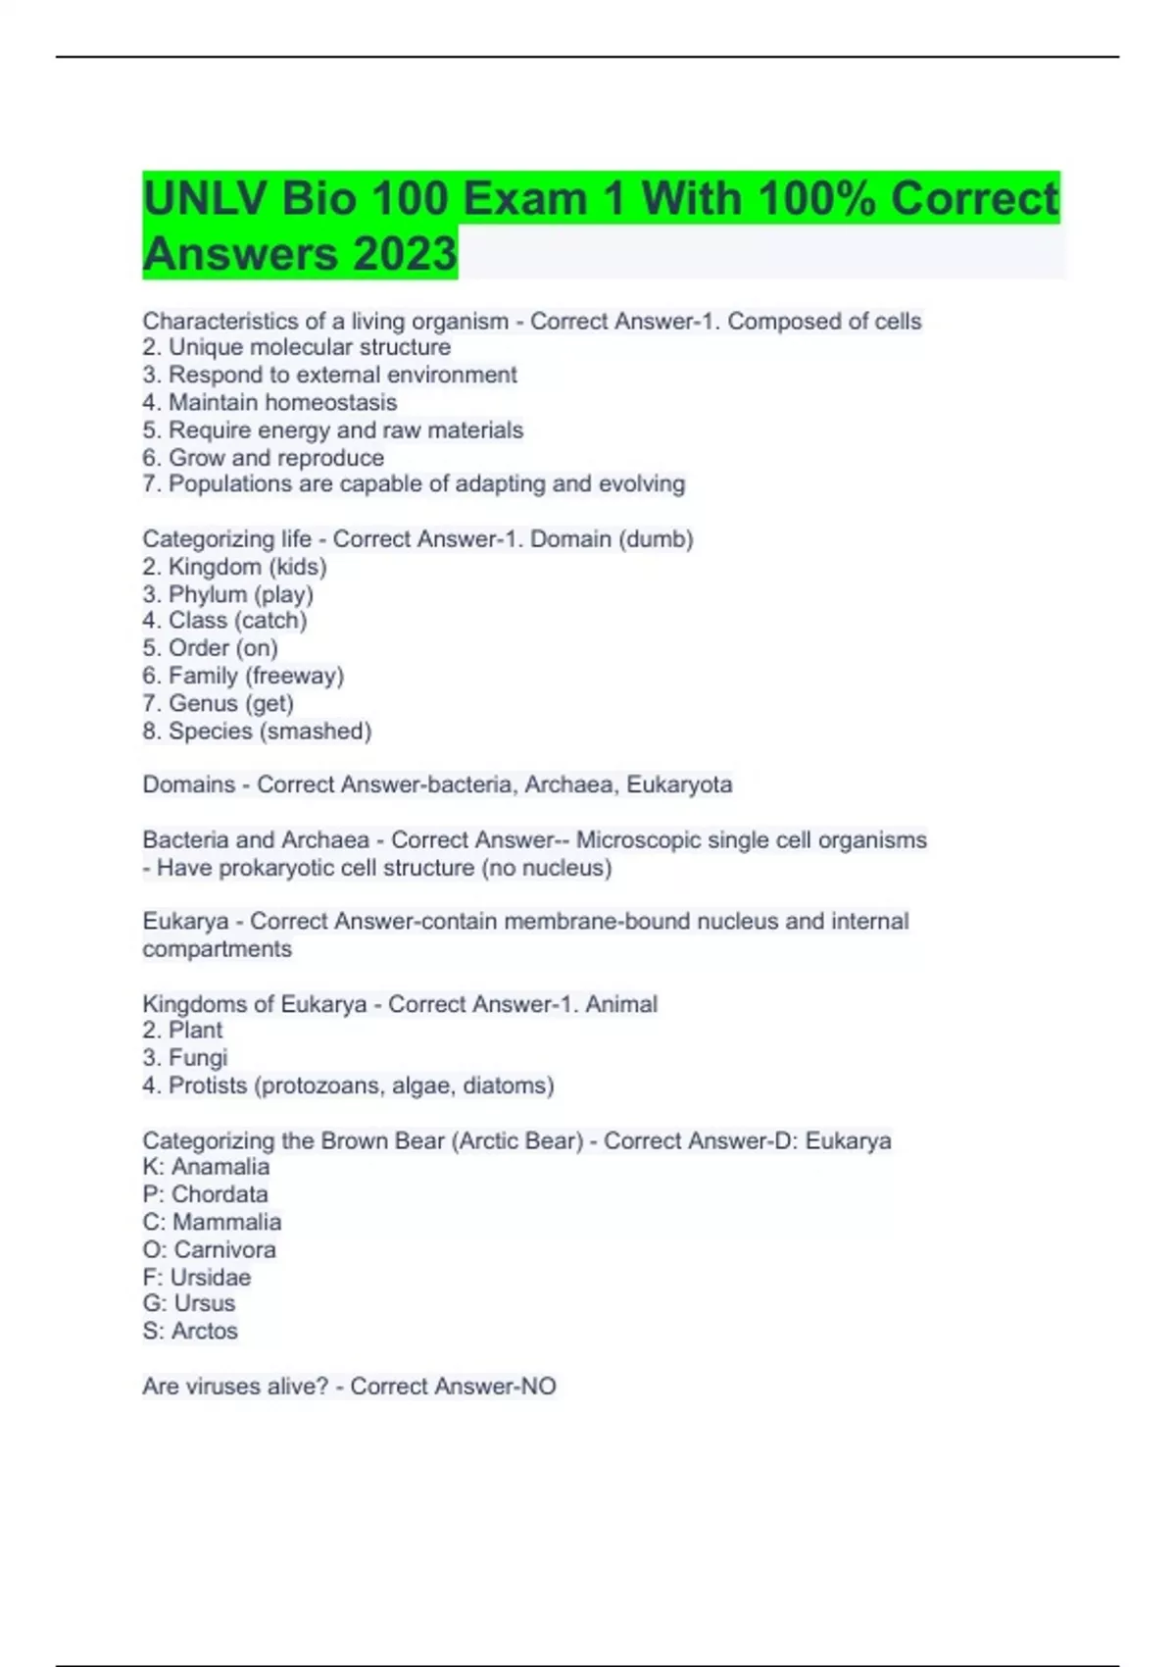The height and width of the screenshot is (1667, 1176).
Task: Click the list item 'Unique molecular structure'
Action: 310,347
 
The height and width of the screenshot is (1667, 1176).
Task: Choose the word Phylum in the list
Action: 207,594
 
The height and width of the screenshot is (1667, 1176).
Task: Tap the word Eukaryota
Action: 679,784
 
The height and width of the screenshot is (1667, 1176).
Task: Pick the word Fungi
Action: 198,1058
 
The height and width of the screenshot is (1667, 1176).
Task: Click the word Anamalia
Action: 220,1167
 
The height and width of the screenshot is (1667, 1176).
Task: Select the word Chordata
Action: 220,1194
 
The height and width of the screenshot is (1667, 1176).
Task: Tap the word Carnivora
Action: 224,1249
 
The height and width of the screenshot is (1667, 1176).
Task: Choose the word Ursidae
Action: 211,1277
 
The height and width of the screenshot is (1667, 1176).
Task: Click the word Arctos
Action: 205,1331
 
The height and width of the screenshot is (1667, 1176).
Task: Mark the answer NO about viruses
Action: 538,1387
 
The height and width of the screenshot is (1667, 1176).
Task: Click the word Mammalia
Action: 226,1222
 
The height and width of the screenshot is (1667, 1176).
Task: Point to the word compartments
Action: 217,949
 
